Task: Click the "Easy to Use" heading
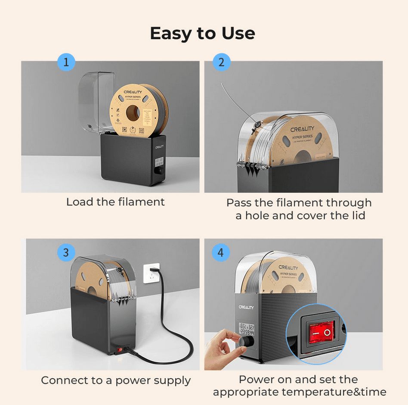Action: coord(202,33)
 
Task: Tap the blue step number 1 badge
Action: coord(66,62)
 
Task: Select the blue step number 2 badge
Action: coord(221,62)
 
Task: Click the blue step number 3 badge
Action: coord(66,252)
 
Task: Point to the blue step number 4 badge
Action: coord(221,252)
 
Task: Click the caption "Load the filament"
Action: coord(115,202)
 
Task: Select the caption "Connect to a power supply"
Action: coord(116,380)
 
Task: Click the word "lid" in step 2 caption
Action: coord(357,215)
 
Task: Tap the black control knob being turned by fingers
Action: coord(247,341)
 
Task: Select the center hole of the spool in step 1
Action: coord(133,114)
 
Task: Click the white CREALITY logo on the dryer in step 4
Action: coord(246,308)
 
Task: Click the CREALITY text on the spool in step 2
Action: coord(302,129)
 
